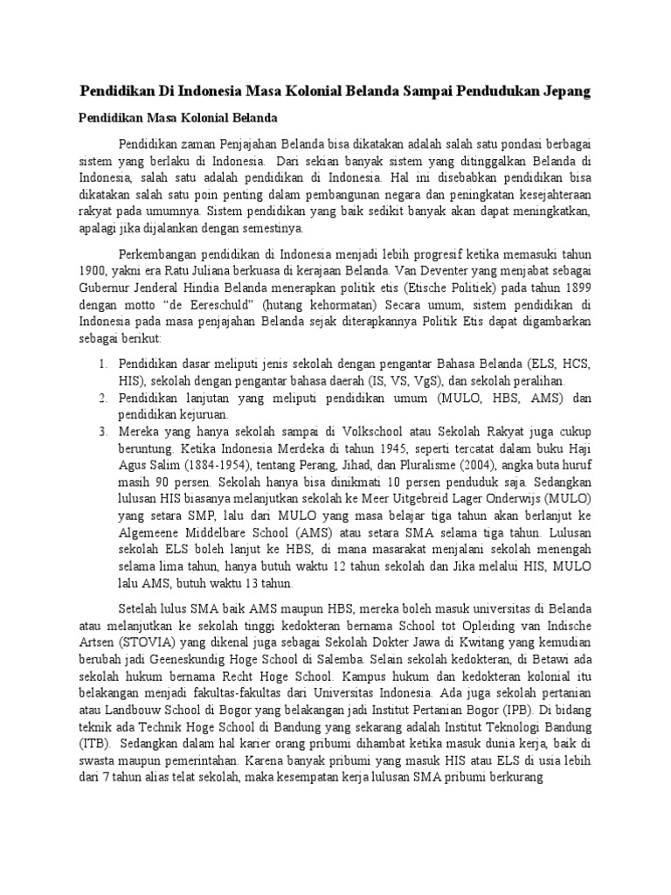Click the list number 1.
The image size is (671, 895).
[x=101, y=363]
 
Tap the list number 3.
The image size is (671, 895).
[x=101, y=430]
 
